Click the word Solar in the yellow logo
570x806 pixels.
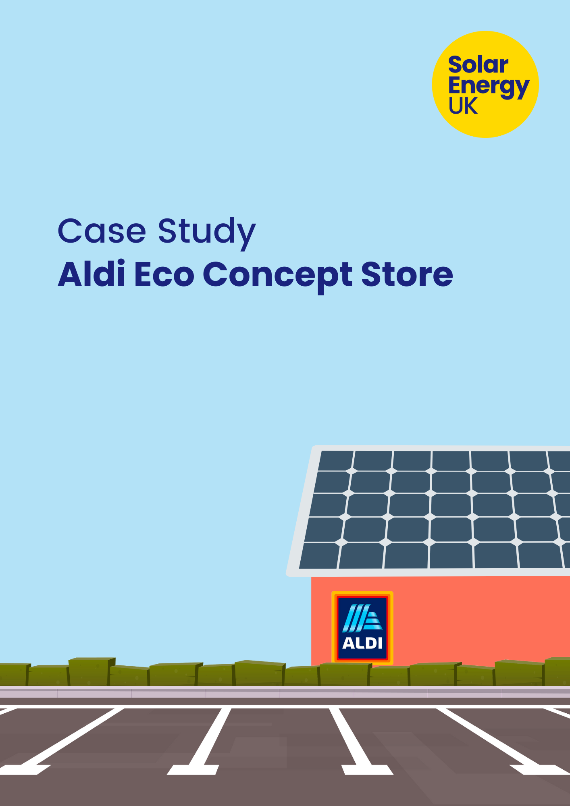(478, 65)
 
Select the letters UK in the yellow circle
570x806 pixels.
(463, 106)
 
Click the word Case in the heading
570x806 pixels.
(102, 231)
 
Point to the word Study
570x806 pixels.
(207, 233)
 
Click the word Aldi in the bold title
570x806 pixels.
(92, 274)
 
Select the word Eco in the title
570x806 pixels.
(164, 274)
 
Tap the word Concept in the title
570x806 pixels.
(278, 276)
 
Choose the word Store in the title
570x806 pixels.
(407, 274)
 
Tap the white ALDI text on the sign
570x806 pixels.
(362, 643)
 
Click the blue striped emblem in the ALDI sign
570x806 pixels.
(362, 618)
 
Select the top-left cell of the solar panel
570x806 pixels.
(335, 461)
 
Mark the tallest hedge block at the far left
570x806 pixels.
(92, 671)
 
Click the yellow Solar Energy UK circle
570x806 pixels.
(485, 84)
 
